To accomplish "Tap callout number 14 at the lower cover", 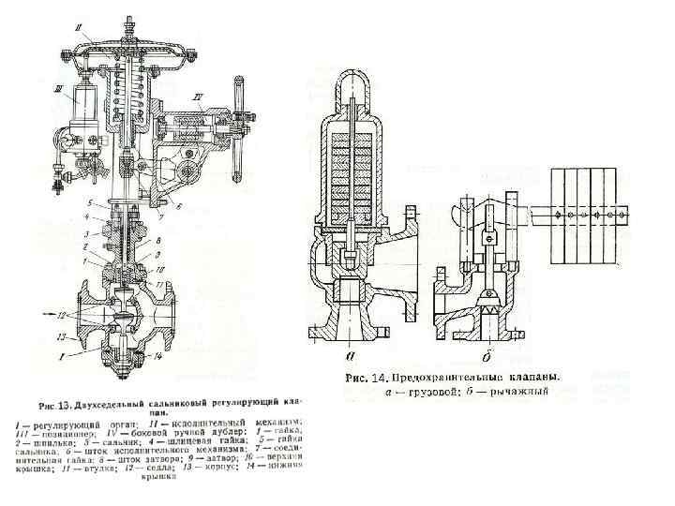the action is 160,356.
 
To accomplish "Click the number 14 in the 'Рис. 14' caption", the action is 380,379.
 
